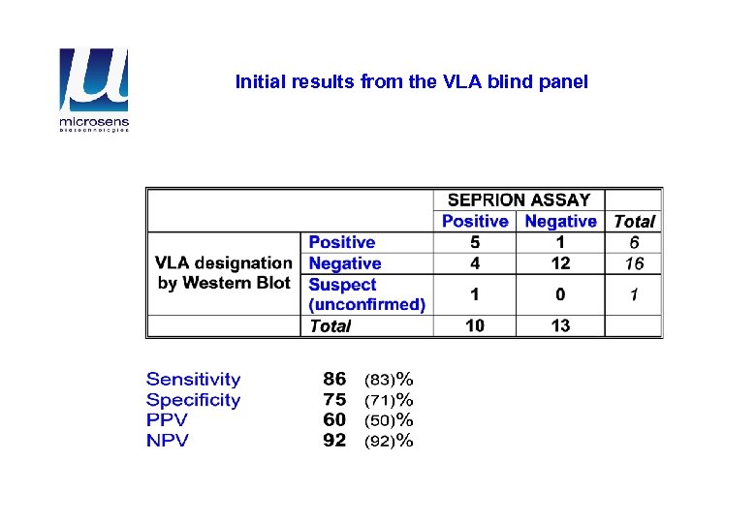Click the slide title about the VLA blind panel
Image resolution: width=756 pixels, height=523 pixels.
point(411,82)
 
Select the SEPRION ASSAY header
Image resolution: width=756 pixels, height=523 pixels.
point(519,200)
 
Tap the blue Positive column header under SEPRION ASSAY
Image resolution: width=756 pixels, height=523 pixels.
point(475,222)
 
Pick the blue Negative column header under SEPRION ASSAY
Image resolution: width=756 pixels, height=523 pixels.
point(560,222)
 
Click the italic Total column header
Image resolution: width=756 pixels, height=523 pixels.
point(634,222)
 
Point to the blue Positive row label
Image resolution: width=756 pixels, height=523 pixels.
point(341,242)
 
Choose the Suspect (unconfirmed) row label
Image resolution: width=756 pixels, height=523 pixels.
point(366,294)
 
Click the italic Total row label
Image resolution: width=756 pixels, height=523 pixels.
point(330,326)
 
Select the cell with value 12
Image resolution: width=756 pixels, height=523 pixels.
point(560,263)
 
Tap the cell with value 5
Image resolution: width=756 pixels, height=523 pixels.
point(475,242)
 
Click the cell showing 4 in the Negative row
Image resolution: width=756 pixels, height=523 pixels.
point(475,263)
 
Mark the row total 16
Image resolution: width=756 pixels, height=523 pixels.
point(634,263)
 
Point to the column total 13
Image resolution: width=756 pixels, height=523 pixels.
point(560,326)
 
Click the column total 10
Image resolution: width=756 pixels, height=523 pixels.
point(475,326)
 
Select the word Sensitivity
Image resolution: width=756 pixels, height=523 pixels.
point(193,380)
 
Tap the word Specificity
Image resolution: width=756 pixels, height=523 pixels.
point(193,400)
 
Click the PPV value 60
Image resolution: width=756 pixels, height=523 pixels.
point(334,420)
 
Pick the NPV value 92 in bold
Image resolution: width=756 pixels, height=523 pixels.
point(334,441)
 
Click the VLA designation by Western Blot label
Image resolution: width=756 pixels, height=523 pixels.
point(224,273)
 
